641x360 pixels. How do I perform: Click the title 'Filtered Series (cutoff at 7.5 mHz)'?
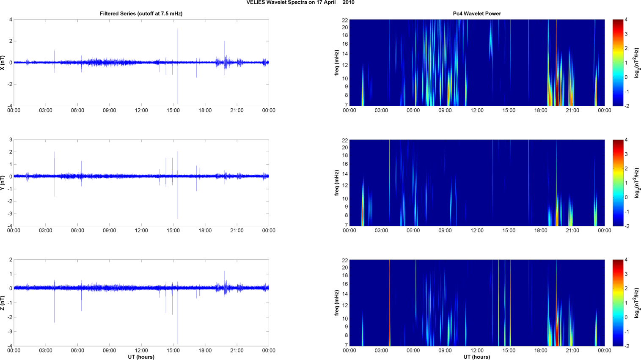tap(141, 14)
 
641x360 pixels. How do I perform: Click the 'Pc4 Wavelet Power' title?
tap(477, 14)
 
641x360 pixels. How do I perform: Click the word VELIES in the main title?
tap(256, 3)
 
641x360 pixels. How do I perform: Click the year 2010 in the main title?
tap(349, 3)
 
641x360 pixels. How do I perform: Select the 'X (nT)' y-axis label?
tap(3, 63)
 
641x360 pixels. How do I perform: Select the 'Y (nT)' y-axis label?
tap(3, 182)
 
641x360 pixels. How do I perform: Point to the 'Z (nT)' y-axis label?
tap(3, 303)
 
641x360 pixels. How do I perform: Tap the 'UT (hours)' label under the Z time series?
tap(141, 357)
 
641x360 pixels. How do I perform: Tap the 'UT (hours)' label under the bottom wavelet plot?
tap(477, 357)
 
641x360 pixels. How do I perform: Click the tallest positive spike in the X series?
tap(178, 30)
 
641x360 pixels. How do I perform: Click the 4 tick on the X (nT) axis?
tap(11, 19)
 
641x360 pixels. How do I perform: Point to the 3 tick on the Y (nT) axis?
tap(11, 140)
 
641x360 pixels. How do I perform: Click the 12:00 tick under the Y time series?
tap(141, 231)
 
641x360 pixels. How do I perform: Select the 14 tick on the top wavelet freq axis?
tap(345, 54)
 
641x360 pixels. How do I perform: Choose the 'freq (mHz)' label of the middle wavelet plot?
tap(337, 183)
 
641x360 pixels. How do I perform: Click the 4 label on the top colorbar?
tap(626, 20)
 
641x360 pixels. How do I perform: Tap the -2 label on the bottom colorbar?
tap(627, 346)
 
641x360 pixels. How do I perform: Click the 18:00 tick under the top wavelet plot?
tap(541, 110)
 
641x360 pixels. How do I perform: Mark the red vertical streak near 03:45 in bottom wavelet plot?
tap(390, 303)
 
